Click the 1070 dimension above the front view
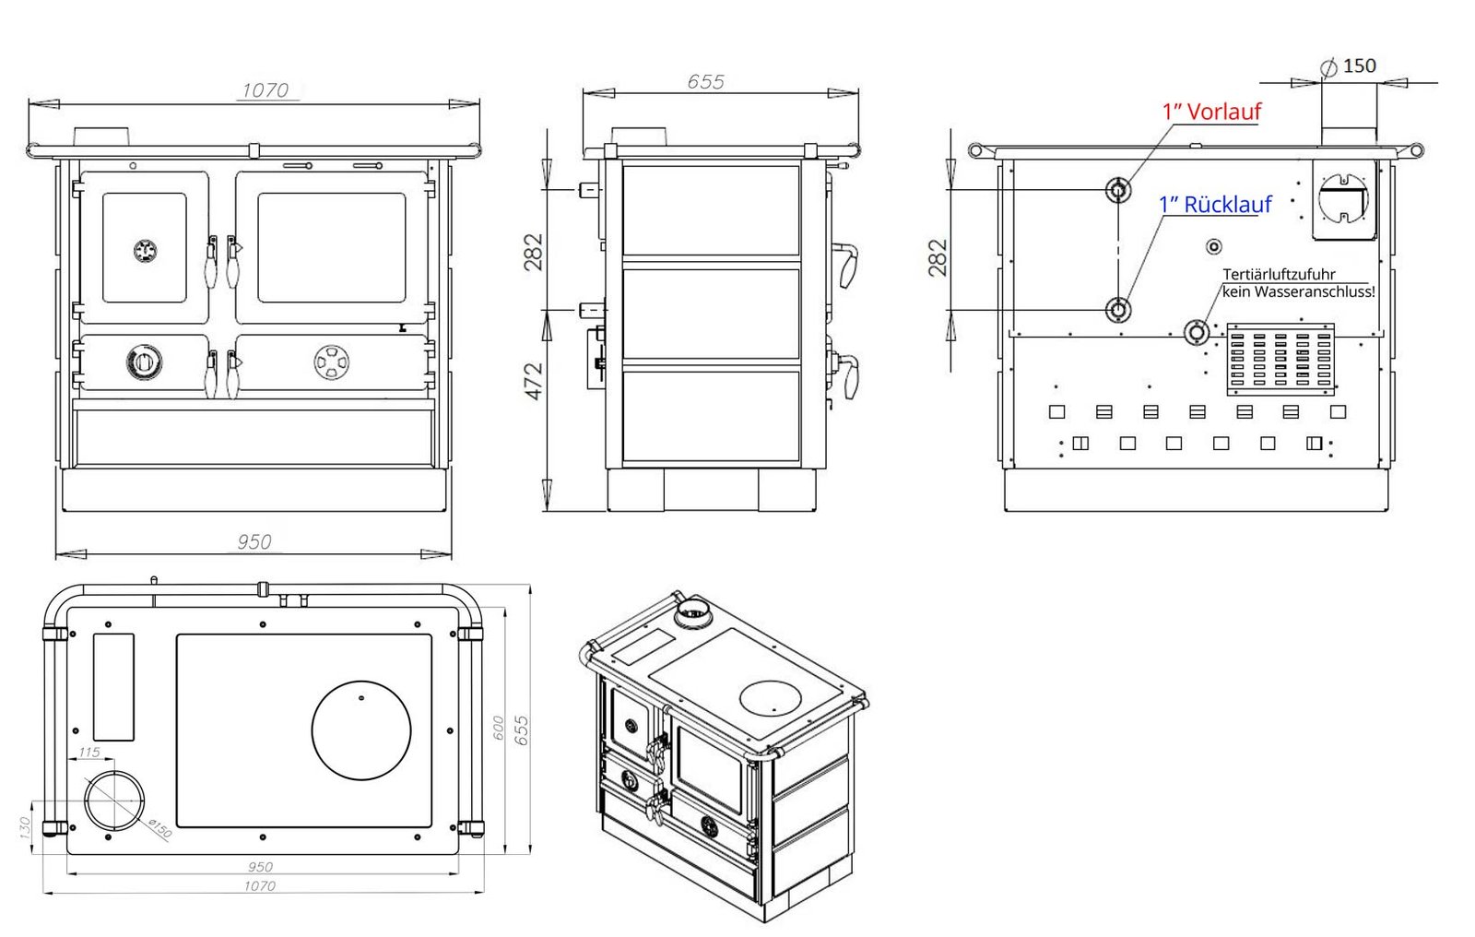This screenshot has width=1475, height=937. pyautogui.click(x=265, y=90)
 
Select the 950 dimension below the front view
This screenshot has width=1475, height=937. pyautogui.click(x=254, y=541)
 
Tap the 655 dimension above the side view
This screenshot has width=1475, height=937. pyautogui.click(x=705, y=81)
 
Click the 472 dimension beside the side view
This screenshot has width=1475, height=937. pyautogui.click(x=534, y=381)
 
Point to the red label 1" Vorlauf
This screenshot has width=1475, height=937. pyautogui.click(x=1211, y=112)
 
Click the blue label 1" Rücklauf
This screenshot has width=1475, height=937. pyautogui.click(x=1215, y=205)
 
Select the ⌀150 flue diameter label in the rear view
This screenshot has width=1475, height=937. pyautogui.click(x=1351, y=66)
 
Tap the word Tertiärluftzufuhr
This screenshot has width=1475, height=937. pyautogui.click(x=1279, y=274)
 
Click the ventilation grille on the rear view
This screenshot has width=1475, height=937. pyautogui.click(x=1280, y=359)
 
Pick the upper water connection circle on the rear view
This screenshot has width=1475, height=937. pyautogui.click(x=1118, y=191)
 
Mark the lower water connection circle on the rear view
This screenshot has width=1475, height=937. pyautogui.click(x=1118, y=310)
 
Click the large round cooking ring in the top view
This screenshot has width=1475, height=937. pyautogui.click(x=361, y=730)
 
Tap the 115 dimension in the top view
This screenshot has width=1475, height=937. pyautogui.click(x=88, y=753)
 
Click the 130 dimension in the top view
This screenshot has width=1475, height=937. pyautogui.click(x=25, y=826)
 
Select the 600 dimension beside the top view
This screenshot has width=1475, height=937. pyautogui.click(x=498, y=728)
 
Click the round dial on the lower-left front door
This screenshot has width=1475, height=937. pyautogui.click(x=145, y=362)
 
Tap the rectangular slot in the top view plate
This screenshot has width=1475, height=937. pyautogui.click(x=113, y=686)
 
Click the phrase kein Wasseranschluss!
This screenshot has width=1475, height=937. pyautogui.click(x=1298, y=291)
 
